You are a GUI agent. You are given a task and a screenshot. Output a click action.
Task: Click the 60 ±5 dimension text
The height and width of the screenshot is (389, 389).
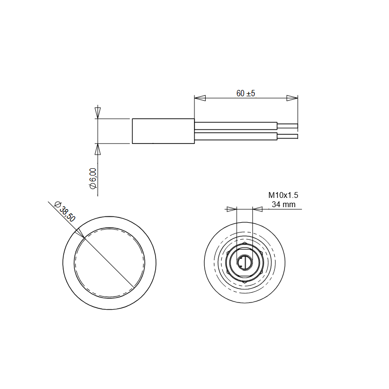tap(246, 93)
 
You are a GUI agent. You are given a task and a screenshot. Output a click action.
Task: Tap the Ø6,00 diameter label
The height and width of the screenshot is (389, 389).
tap(93, 178)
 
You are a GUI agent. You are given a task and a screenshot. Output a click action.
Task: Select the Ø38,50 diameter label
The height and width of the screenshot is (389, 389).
tap(65, 211)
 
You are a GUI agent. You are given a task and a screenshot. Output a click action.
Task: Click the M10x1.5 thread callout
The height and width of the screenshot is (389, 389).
tap(283, 195)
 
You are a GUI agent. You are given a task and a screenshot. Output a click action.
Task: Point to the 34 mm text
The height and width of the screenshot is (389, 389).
tap(283, 204)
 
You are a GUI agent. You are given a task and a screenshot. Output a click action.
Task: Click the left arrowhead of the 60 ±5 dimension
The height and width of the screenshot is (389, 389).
tap(200, 98)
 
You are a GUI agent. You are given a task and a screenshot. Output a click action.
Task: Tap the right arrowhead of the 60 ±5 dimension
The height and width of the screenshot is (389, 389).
tap(292, 98)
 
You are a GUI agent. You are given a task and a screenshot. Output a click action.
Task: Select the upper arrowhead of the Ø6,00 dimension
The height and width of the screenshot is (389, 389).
tap(98, 113)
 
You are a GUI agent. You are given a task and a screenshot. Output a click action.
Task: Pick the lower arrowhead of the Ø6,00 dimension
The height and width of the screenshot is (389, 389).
tap(98, 149)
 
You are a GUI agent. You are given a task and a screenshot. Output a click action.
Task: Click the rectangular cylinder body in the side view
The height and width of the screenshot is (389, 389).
tap(163, 131)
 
